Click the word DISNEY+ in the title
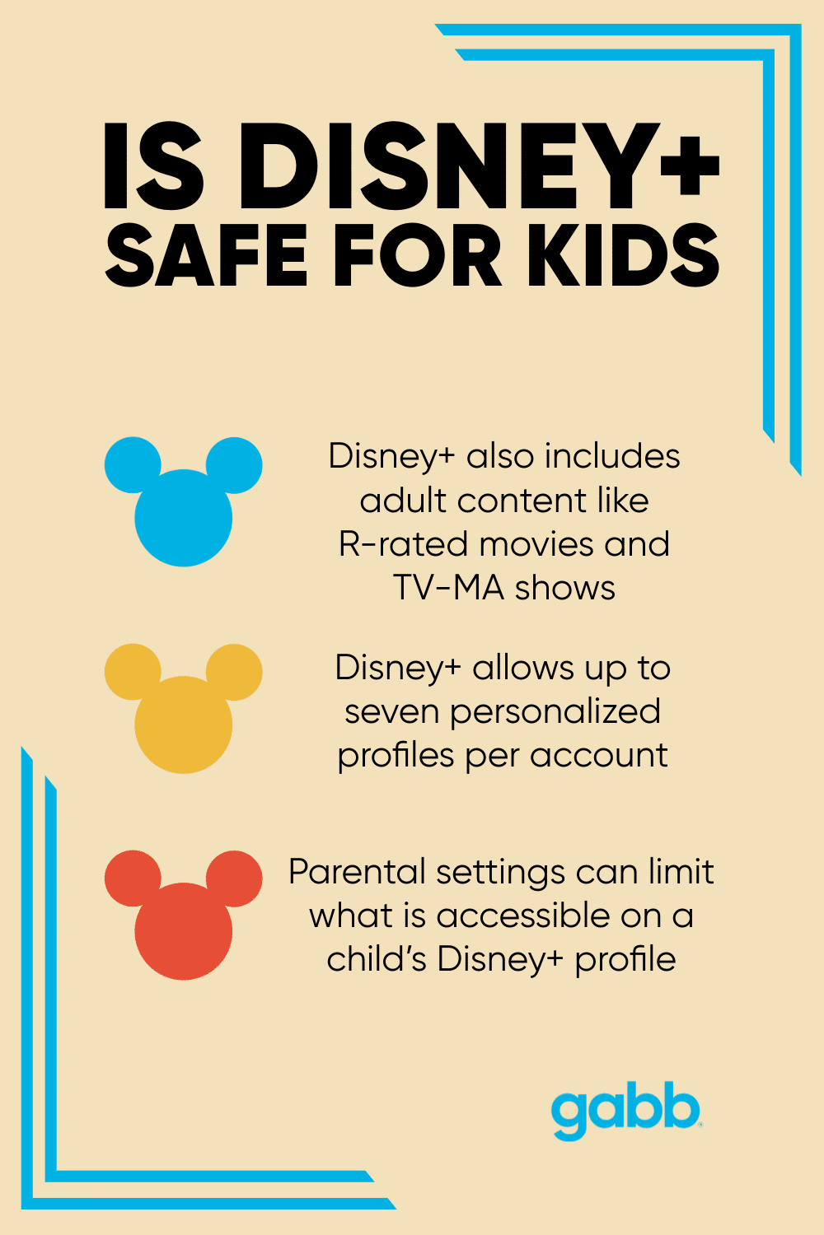[x=480, y=165]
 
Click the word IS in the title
[x=153, y=165]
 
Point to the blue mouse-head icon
[x=184, y=510]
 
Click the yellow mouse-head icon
[x=184, y=716]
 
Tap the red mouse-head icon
[x=184, y=922]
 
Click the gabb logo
[x=625, y=1111]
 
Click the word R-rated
[x=404, y=544]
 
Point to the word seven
[x=391, y=711]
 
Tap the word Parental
[x=357, y=872]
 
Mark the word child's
[x=376, y=959]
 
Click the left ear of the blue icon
[x=133, y=465]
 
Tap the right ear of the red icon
[x=234, y=878]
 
